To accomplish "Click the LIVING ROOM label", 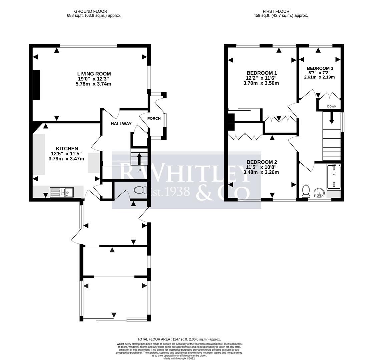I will click(x=94, y=74).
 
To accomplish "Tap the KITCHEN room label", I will click(x=67, y=148).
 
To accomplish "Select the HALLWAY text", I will click(x=121, y=124).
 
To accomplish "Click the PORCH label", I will click(x=154, y=118).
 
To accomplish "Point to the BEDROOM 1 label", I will click(x=262, y=73).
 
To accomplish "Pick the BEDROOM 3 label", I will click(x=320, y=68).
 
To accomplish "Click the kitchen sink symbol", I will click(x=62, y=192).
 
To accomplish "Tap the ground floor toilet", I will click(x=140, y=190).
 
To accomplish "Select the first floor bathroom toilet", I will click(x=305, y=191).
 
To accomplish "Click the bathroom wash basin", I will click(x=319, y=193).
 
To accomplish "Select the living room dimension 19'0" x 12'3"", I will click(x=93, y=79).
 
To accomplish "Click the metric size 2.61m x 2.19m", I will click(x=319, y=77).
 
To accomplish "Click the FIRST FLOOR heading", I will click(x=276, y=11).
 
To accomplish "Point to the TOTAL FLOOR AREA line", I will click(x=179, y=339).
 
